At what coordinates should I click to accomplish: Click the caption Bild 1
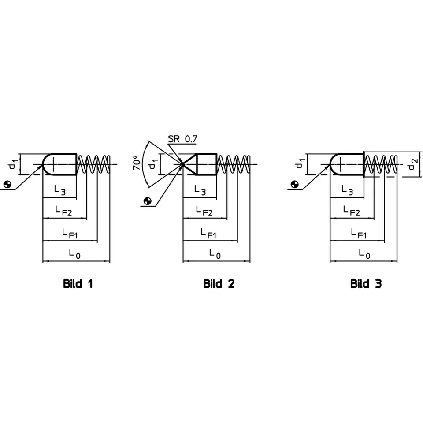(78, 284)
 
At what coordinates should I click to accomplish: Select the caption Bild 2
(219, 284)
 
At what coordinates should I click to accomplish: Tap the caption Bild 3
(366, 284)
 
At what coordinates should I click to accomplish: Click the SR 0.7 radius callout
(182, 139)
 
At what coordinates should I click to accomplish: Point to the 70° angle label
(137, 163)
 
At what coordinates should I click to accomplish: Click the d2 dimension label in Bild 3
(412, 164)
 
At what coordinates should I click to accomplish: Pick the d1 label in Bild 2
(152, 164)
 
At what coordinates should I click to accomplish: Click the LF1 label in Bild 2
(209, 233)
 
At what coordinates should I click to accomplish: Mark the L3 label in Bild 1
(60, 190)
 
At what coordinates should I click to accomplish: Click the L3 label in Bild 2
(200, 190)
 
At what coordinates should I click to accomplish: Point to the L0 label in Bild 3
(364, 254)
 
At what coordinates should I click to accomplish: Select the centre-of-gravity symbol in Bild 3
(294, 184)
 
